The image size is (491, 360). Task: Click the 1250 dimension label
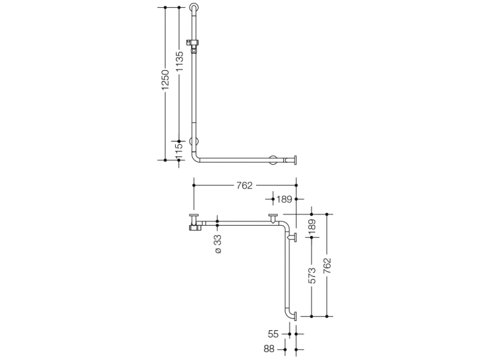(x=165, y=80)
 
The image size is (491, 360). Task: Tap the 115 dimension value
(x=179, y=151)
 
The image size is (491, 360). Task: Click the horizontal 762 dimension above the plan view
(x=244, y=185)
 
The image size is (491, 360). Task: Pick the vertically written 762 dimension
(x=327, y=265)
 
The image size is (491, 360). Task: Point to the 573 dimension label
(x=312, y=276)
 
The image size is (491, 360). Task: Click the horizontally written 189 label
(x=284, y=199)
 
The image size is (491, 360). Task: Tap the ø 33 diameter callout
(x=218, y=243)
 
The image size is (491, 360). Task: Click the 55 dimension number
(x=273, y=334)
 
